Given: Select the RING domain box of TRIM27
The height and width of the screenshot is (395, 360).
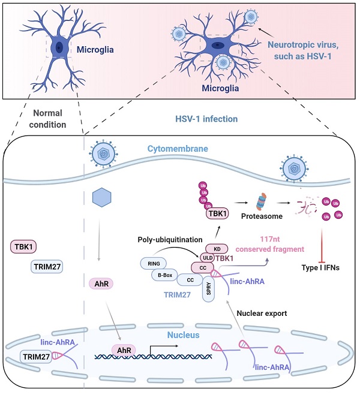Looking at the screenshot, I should pyautogui.click(x=152, y=263).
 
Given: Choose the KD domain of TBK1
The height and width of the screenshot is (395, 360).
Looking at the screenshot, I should pyautogui.click(x=215, y=248).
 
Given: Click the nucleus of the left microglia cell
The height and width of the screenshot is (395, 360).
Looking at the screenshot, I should pyautogui.click(x=59, y=47).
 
